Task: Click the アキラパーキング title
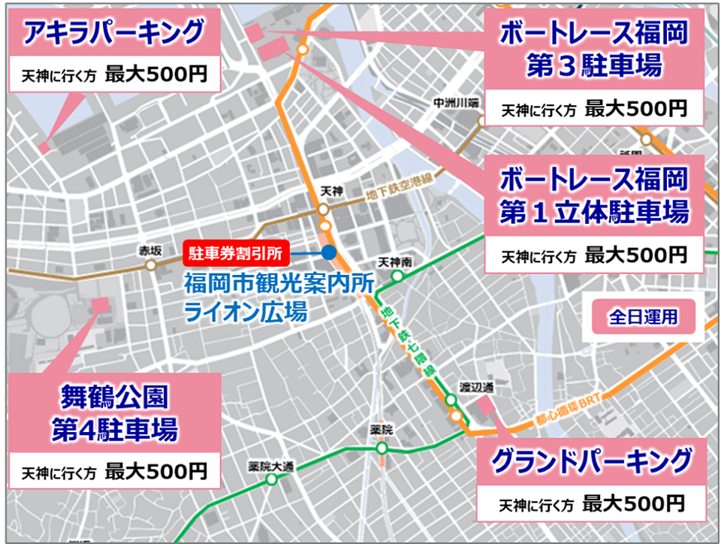(x=113, y=32)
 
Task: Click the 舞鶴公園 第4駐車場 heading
(x=114, y=413)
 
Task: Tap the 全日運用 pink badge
(x=643, y=317)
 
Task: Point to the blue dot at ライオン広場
(x=328, y=253)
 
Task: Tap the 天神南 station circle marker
(x=397, y=276)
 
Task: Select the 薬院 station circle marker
(x=382, y=448)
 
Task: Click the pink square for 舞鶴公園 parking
(x=99, y=306)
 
